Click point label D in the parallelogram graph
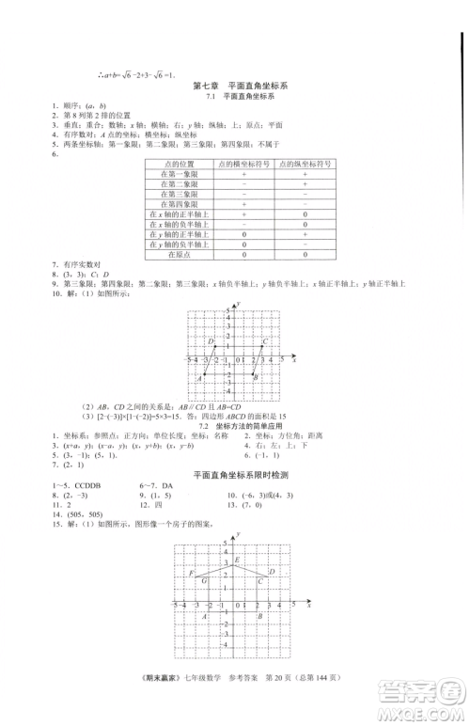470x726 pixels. [211, 341]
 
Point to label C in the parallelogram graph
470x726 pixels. [266, 341]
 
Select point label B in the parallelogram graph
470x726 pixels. [256, 378]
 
